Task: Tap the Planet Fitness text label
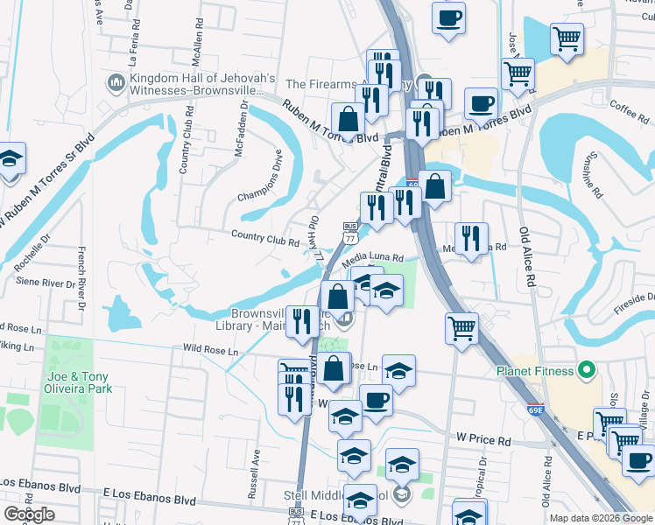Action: coord(533,370)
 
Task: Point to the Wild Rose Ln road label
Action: coord(210,351)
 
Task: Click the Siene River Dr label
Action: coord(47,283)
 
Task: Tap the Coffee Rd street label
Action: coord(628,109)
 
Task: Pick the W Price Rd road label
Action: coord(482,440)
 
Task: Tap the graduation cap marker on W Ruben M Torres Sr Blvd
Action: coord(11,161)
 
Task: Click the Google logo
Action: coord(29,514)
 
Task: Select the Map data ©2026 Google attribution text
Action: coord(600,518)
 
